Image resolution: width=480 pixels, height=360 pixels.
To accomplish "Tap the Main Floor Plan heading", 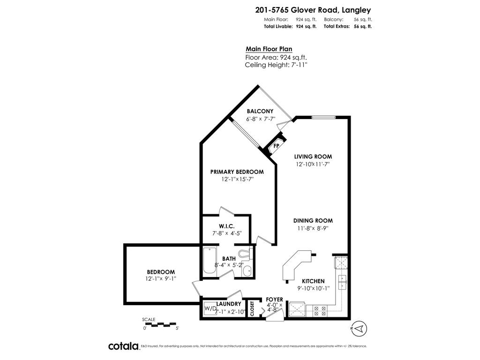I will pos(269,49).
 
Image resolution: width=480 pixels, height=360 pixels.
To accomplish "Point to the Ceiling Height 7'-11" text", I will pos(276,65).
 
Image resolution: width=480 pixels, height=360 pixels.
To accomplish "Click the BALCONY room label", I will pos(260,111).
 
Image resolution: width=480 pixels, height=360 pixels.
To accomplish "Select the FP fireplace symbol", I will pos(277,146).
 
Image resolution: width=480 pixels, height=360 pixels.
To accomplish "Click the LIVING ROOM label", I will pos(313,157).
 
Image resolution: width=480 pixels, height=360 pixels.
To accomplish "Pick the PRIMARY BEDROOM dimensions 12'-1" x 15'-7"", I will pos(238,180).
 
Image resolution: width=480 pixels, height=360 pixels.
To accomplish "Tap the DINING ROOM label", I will pos(313,220).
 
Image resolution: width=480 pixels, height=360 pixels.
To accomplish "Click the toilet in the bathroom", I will pos(243,253).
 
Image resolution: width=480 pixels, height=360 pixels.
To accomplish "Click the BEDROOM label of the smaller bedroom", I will pos(161,272).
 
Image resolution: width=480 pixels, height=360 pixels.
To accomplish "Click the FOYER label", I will pos(274,300).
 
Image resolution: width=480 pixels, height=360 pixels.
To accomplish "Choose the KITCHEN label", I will pos(313,281).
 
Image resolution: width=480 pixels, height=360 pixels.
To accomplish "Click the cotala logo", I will pos(123,346).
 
